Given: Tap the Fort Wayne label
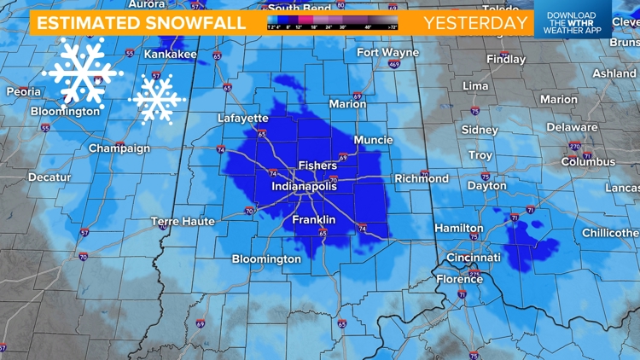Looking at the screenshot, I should pos(387,53).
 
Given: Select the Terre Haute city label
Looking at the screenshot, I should pos(183,222).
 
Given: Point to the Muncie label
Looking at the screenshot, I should pos(373,140).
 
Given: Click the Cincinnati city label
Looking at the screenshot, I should pos(474,258).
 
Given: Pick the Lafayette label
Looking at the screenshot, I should pos(243,119).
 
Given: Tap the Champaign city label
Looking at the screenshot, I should pos(119,148).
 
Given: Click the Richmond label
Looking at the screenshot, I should pos(422,179).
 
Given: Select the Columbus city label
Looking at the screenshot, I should pos(588,162).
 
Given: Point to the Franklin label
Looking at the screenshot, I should pos(313,220).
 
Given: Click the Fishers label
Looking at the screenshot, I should pos(317,165).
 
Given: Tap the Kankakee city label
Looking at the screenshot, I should pos(170,55).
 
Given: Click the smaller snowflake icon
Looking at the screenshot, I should pos(157,98).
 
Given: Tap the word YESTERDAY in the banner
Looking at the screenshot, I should pos(475,23).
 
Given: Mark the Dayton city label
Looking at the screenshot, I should pos(486,186).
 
